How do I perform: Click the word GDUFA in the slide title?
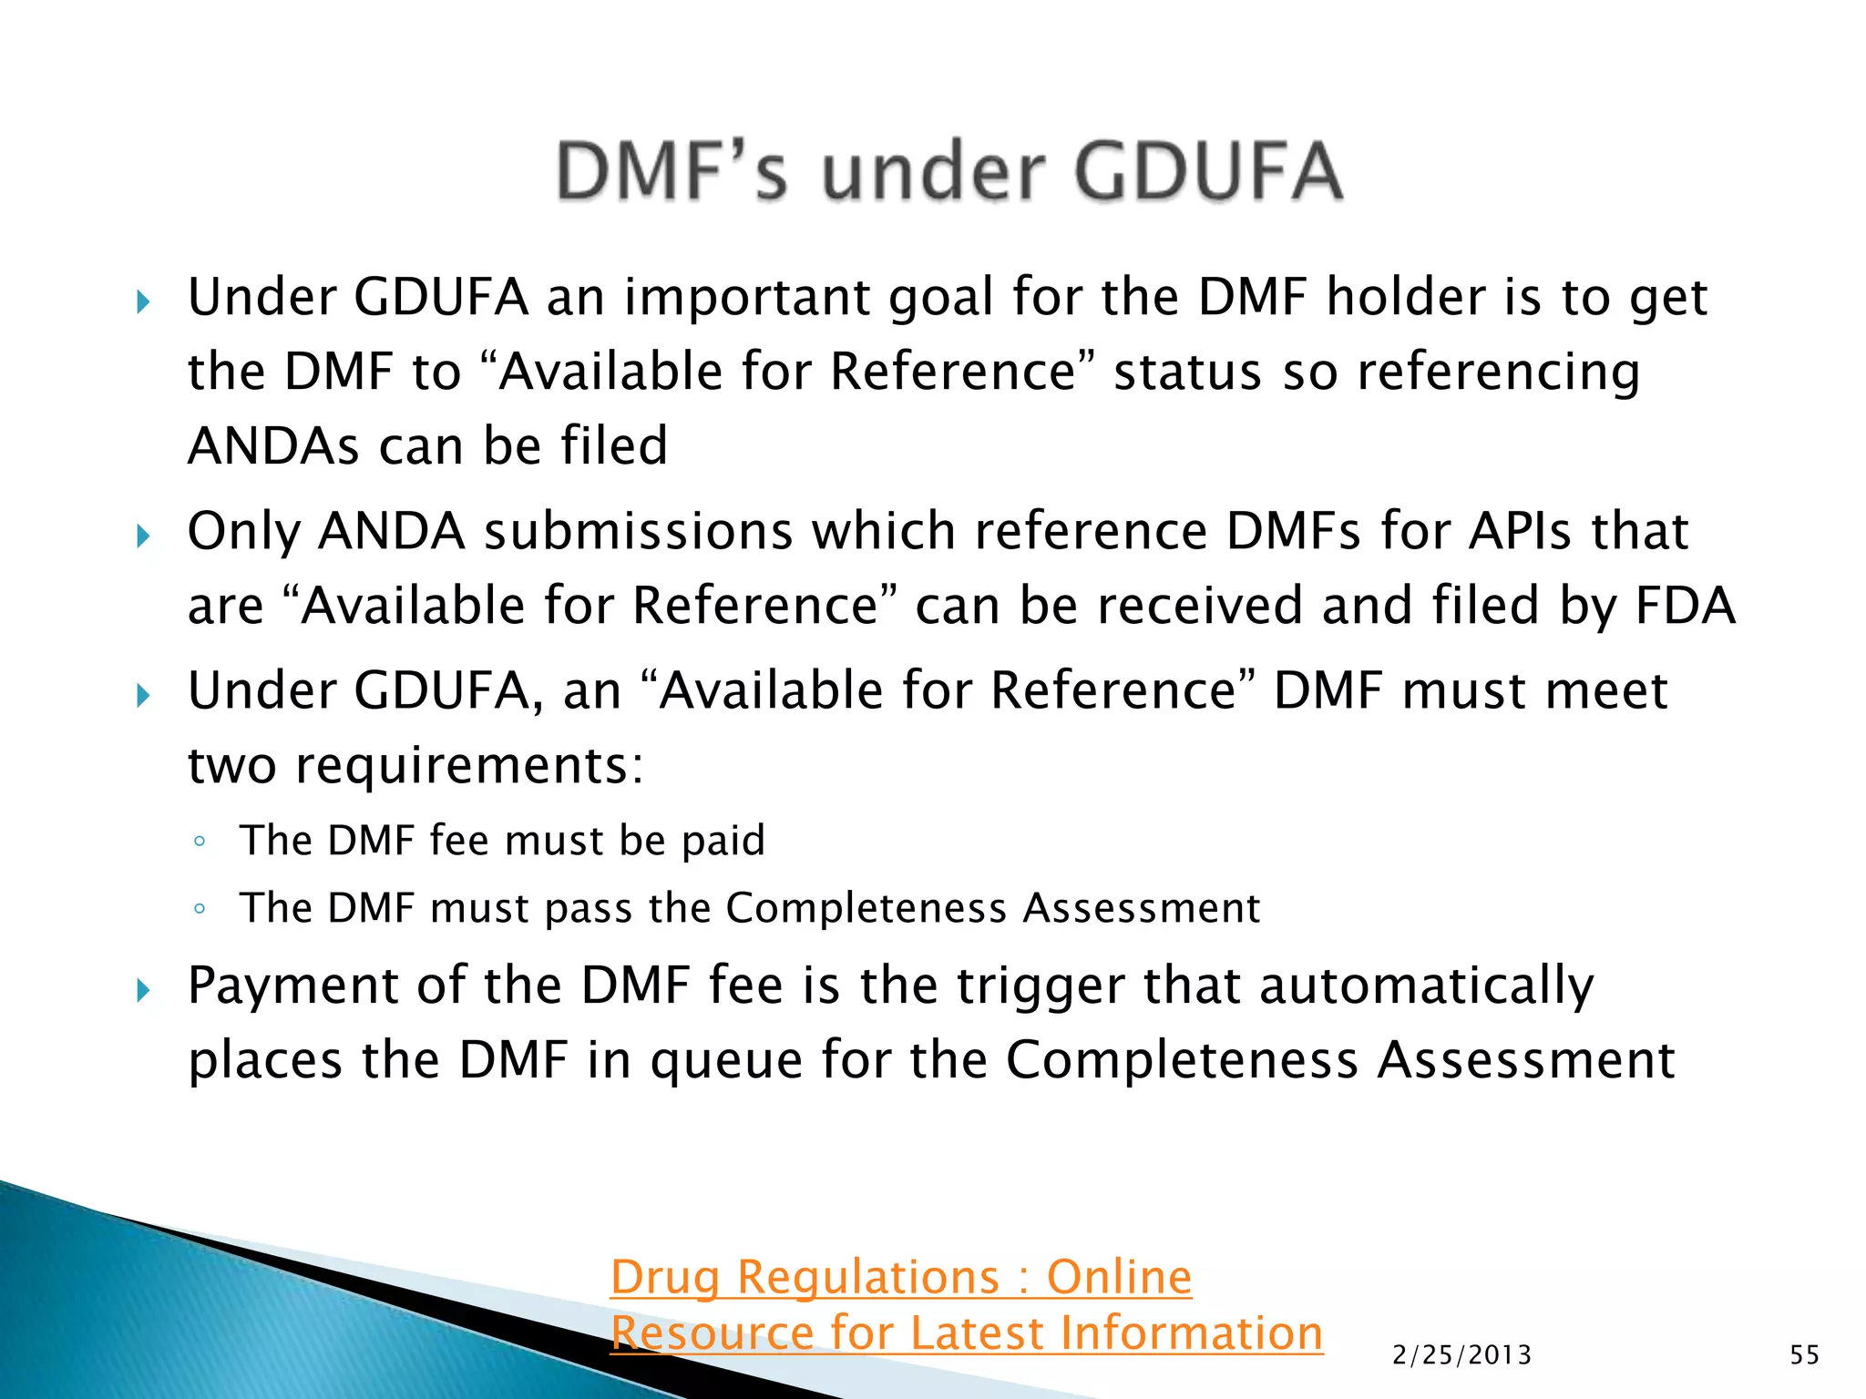[1208, 171]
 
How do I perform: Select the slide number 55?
[1804, 1355]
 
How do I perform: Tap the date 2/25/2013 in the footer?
[1462, 1355]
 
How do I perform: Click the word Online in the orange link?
[1119, 1277]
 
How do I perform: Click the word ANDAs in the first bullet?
[273, 446]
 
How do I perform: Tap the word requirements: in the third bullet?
[469, 765]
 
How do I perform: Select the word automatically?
[1427, 985]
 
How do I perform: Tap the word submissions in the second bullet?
[638, 531]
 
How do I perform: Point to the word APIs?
[1520, 531]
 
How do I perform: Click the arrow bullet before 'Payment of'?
[143, 990]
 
